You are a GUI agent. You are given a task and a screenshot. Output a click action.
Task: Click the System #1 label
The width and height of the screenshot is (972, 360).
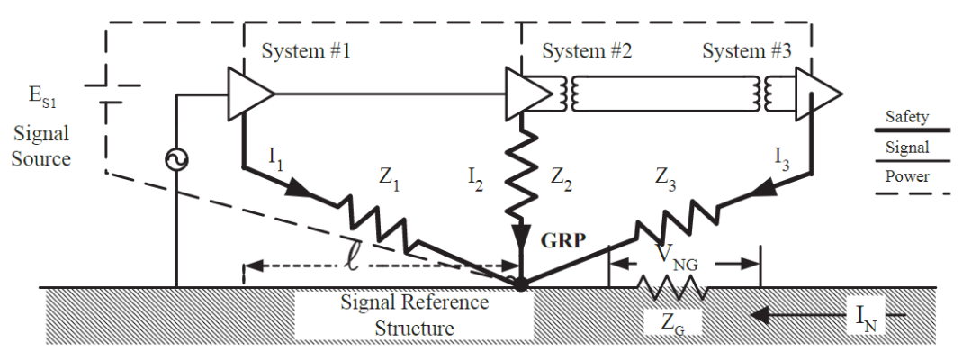click(306, 50)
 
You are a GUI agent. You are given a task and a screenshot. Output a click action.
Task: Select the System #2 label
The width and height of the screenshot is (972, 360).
click(587, 50)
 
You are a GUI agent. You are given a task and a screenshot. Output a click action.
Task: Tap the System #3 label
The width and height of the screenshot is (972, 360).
click(746, 50)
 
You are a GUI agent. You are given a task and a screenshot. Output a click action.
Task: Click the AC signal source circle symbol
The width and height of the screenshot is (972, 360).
click(176, 160)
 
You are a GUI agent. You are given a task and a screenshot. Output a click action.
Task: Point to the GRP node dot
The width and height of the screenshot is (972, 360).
click(521, 284)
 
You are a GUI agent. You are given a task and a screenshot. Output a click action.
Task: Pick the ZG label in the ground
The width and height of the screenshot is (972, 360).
click(672, 323)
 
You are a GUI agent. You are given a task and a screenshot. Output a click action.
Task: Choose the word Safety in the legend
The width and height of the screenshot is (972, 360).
click(907, 116)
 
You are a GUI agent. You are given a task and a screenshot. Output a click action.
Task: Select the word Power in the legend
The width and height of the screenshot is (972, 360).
click(907, 176)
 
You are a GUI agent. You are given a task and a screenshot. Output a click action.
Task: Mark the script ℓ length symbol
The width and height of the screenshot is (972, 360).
click(352, 261)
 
